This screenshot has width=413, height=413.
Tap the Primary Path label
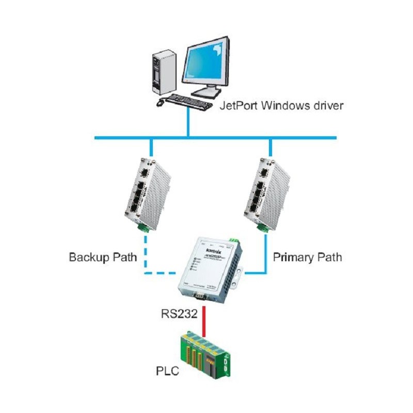[x=307, y=257]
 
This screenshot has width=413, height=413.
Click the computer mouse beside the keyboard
[x=160, y=103]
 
